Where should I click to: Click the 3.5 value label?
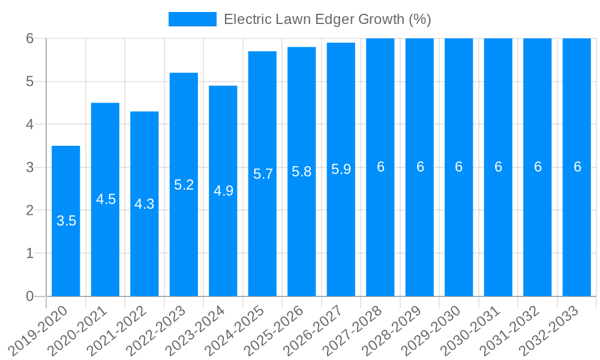tap(66, 221)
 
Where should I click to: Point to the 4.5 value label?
tap(106, 199)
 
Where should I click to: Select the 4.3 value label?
tap(145, 204)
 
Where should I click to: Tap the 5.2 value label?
tap(184, 185)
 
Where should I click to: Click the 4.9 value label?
tap(223, 191)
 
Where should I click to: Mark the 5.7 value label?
tap(263, 174)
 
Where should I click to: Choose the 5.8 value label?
tap(302, 172)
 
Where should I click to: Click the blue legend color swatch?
tap(192, 19)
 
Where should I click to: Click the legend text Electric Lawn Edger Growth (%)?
tap(327, 19)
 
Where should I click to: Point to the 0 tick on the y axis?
tap(30, 296)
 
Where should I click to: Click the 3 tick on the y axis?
tap(30, 167)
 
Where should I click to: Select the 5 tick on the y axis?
tap(30, 82)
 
